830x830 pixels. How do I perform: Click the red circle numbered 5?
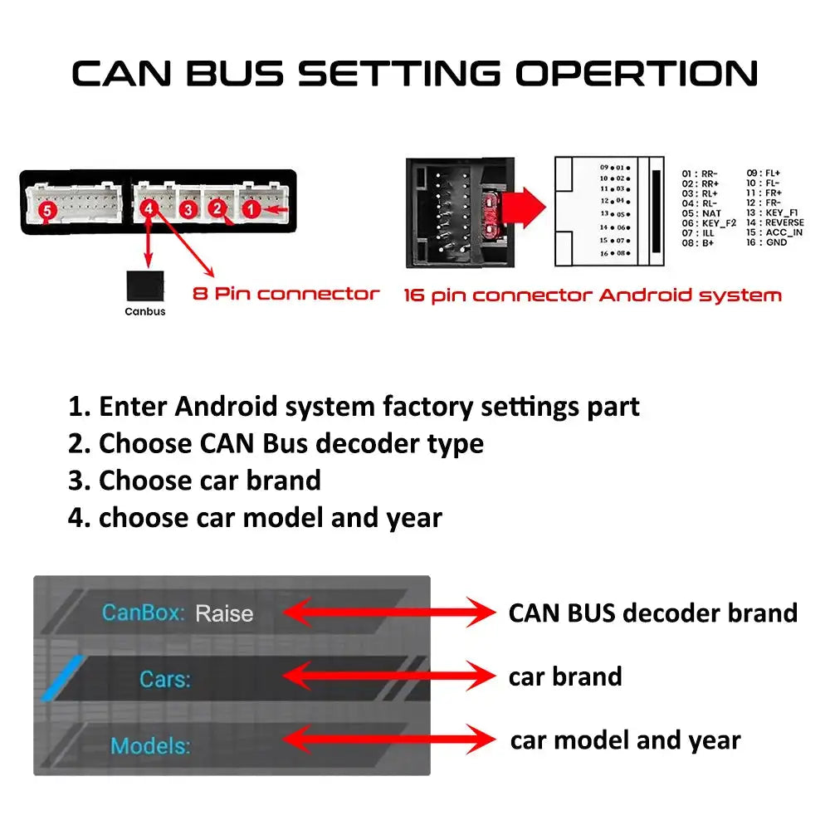pyautogui.click(x=47, y=212)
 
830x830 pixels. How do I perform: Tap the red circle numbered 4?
pyautogui.click(x=149, y=209)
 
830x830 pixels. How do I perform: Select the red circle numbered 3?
pyautogui.click(x=188, y=210)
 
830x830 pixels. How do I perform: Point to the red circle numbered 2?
pyautogui.click(x=217, y=209)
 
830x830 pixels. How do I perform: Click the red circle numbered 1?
pyautogui.click(x=250, y=210)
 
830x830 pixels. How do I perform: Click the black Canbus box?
pyautogui.click(x=144, y=286)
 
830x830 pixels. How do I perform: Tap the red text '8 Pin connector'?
pyautogui.click(x=286, y=293)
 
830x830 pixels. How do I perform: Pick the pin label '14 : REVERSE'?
pyautogui.click(x=775, y=222)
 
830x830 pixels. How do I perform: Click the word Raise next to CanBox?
pyautogui.click(x=224, y=614)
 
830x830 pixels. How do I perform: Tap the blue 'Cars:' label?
pyautogui.click(x=165, y=679)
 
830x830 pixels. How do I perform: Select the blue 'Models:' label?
pyautogui.click(x=150, y=745)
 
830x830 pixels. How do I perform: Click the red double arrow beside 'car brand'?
pyautogui.click(x=389, y=676)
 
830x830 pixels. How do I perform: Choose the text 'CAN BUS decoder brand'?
pyautogui.click(x=652, y=613)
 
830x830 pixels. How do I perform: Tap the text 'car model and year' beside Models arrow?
pyautogui.click(x=625, y=740)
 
